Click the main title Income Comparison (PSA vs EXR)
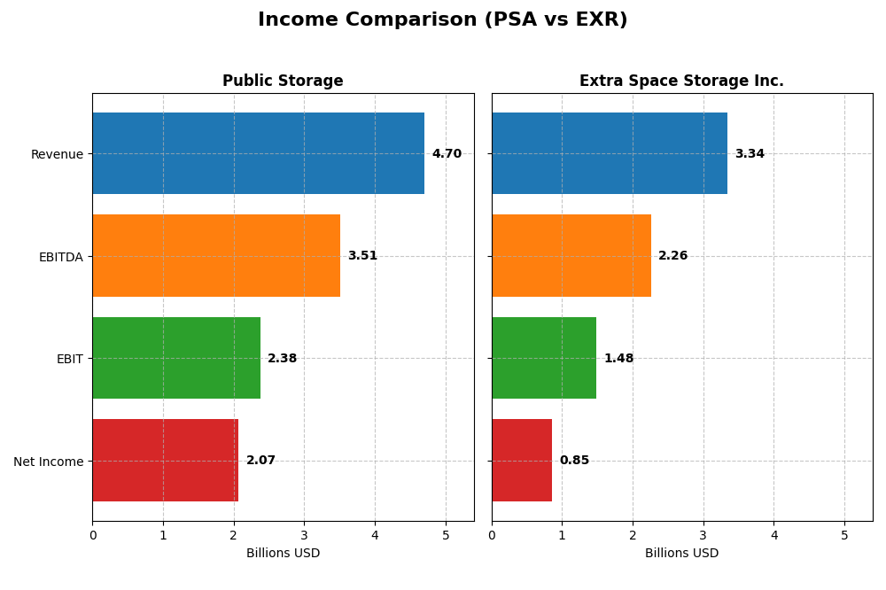click(442, 19)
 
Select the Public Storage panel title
click(283, 81)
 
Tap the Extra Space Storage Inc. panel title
click(681, 81)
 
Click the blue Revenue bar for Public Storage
click(258, 153)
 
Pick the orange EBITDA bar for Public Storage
click(216, 255)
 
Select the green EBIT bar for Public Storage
click(176, 358)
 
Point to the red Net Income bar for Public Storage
click(166, 460)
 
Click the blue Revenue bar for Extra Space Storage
click(610, 153)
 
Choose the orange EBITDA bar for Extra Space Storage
click(571, 255)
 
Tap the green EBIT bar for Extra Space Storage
click(544, 358)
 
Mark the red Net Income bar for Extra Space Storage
click(522, 460)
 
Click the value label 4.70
click(447, 154)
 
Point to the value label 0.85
click(574, 461)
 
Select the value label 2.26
click(672, 256)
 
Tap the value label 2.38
click(282, 359)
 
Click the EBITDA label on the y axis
click(60, 257)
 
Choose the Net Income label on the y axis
click(48, 462)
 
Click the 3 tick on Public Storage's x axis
click(304, 535)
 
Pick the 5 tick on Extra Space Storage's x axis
click(844, 535)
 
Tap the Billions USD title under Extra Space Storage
click(681, 554)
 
